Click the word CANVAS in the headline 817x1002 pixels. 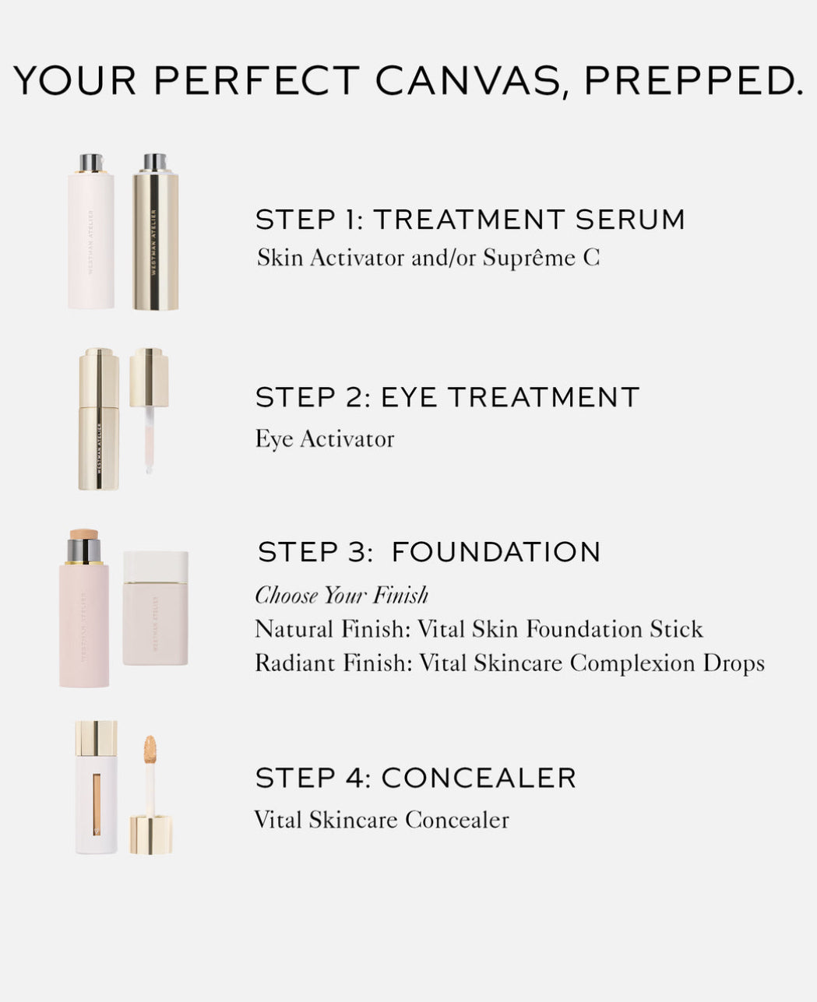pos(469,81)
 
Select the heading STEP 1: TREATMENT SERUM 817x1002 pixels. pos(470,220)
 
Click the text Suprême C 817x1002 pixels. pos(541,258)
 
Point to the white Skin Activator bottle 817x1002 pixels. pos(91,231)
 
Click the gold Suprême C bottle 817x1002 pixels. pos(155,232)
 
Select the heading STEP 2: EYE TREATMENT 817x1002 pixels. pos(447,397)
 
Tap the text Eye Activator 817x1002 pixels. pos(325,439)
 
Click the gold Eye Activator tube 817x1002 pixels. pos(99,419)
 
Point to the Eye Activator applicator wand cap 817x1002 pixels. pos(150,378)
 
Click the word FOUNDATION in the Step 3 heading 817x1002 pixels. pos(496,551)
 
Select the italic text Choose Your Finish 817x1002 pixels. pos(342,595)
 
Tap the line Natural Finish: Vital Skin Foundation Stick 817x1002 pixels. pos(479,629)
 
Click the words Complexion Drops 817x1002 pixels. pos(667,664)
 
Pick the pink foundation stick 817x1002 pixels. pos(84,608)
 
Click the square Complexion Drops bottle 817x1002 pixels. pos(156,608)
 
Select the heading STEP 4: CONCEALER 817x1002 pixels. pos(416,778)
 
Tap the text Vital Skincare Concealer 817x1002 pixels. pos(382,820)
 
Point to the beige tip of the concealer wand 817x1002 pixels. pos(150,747)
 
